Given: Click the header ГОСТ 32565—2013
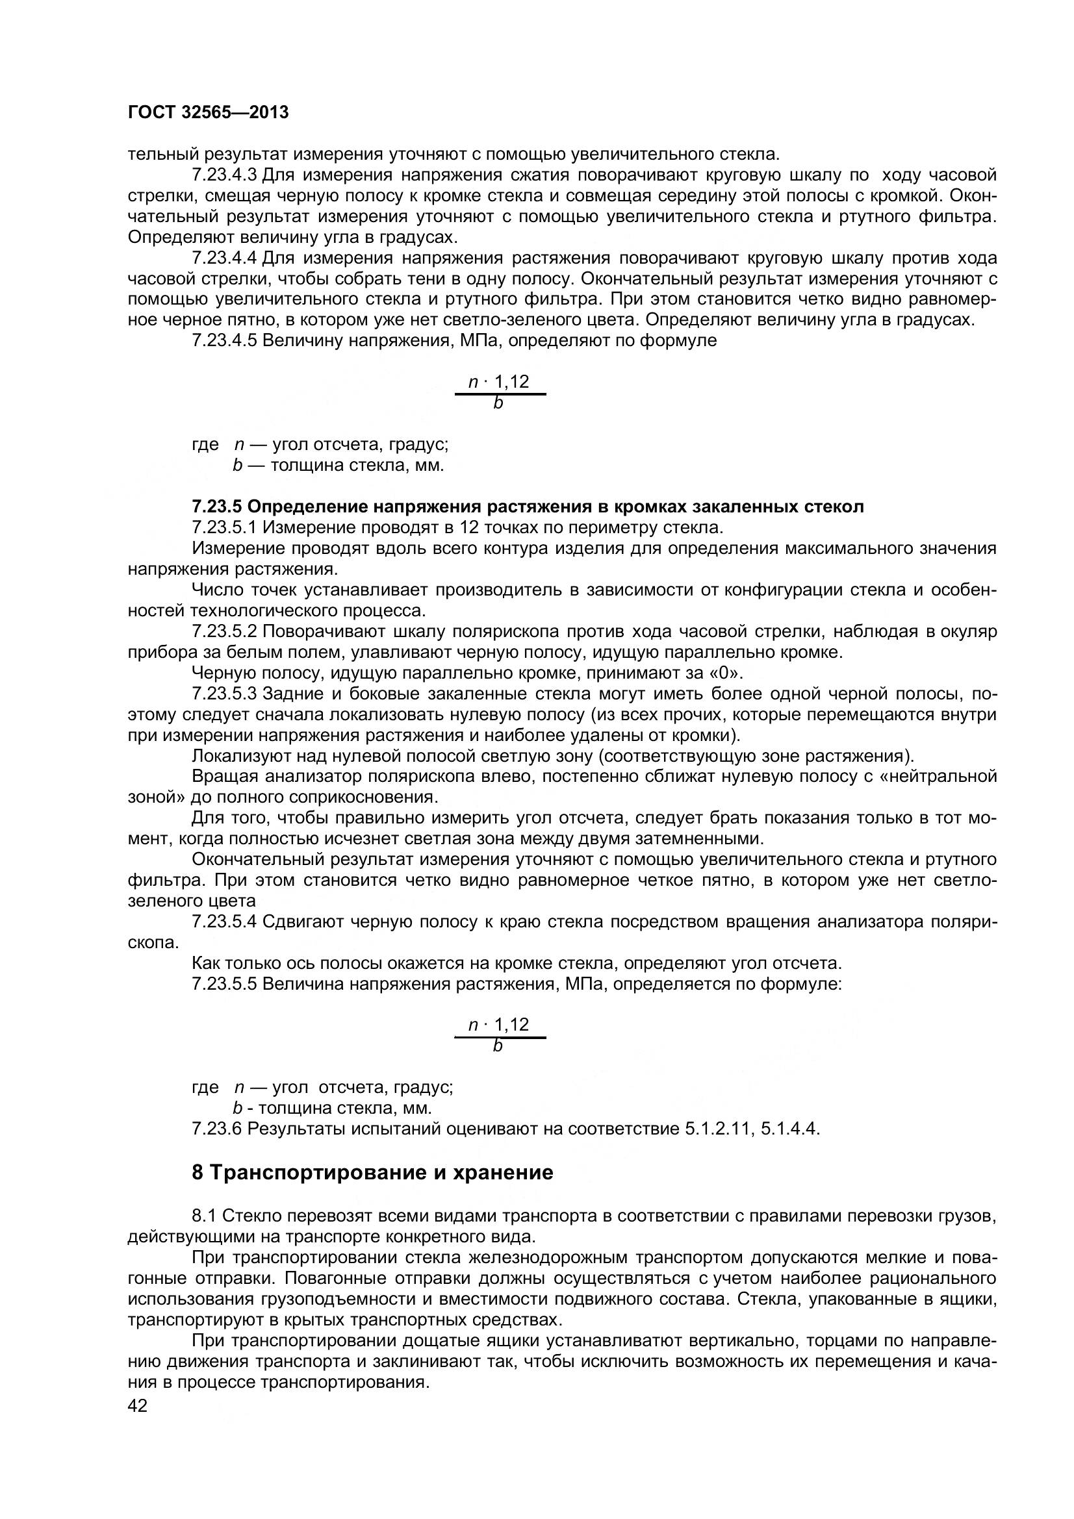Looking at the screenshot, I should tap(208, 112).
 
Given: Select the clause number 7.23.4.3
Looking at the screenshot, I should tap(224, 175).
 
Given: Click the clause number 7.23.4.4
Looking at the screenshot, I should tap(224, 258).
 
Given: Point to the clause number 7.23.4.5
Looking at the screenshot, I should tap(224, 342).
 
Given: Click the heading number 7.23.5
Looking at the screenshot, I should tap(216, 507).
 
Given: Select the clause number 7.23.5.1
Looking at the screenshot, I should tap(224, 528).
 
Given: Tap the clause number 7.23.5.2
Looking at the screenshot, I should tap(224, 632).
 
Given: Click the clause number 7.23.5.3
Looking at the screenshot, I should tap(224, 694).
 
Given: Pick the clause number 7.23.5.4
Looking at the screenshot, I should tap(224, 922).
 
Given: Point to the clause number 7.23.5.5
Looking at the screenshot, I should tap(224, 984).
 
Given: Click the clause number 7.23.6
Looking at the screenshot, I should tap(216, 1129).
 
